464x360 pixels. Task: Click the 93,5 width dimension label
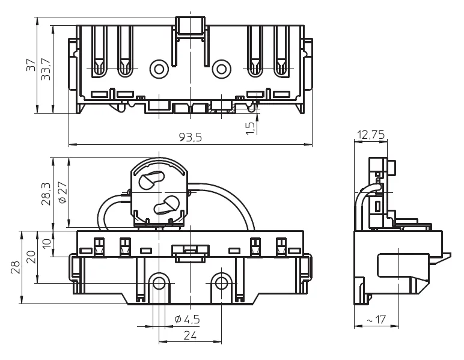[x=191, y=137]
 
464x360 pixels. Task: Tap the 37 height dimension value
[x=31, y=65]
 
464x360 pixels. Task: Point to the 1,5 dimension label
[x=251, y=129]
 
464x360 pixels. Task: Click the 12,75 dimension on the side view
[x=371, y=135]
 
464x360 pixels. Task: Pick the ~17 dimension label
[x=376, y=320]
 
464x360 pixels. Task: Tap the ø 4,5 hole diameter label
[x=187, y=319]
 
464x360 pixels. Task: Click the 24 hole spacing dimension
[x=190, y=335]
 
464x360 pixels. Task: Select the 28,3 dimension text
[x=46, y=194]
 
